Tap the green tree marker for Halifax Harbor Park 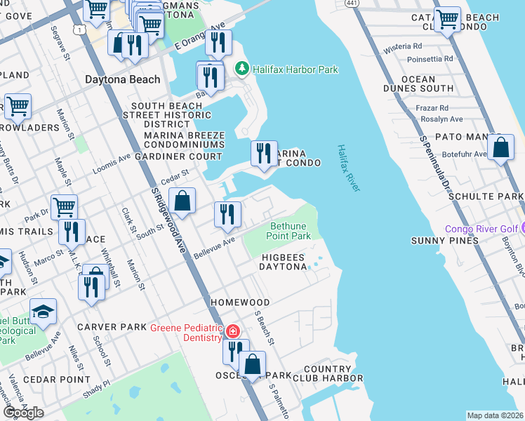click(x=242, y=69)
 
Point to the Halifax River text click(x=348, y=168)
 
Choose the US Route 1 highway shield click(x=81, y=29)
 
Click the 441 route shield click(x=350, y=4)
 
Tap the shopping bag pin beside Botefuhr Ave click(x=500, y=148)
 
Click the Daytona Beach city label click(x=122, y=79)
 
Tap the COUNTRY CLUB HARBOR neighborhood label click(x=327, y=374)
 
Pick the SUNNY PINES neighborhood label click(x=444, y=241)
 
